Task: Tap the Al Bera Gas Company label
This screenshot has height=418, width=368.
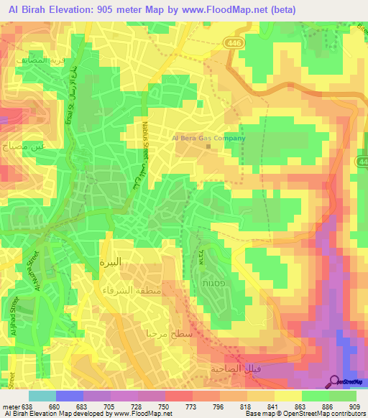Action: tap(208, 139)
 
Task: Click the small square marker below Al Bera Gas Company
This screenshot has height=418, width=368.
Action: tap(208, 148)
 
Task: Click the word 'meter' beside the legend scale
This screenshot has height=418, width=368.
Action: tap(10, 406)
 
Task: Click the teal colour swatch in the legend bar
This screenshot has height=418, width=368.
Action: tap(42, 396)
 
